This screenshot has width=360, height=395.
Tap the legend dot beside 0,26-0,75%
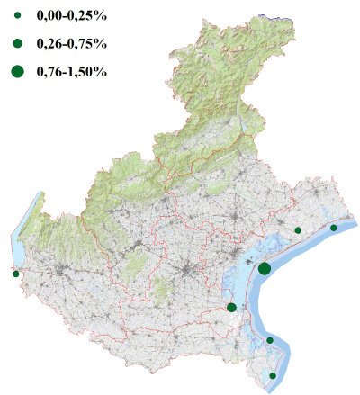tap(18, 43)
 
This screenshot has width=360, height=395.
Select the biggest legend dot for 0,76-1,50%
tap(18, 71)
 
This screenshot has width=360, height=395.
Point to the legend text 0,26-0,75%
tap(71, 43)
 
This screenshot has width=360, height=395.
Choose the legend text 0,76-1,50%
tap(71, 71)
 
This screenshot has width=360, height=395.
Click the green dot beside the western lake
tap(15, 274)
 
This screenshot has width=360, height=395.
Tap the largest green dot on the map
tap(265, 268)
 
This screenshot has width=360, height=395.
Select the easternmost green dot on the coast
tap(334, 228)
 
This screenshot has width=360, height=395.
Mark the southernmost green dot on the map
tap(274, 375)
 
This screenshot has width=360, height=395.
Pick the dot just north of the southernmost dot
tap(270, 340)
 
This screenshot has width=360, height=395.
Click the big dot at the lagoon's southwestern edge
tap(232, 308)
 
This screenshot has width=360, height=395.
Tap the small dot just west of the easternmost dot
tap(298, 230)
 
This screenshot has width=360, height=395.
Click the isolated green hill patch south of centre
tap(163, 290)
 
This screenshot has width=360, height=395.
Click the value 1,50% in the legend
tap(91, 71)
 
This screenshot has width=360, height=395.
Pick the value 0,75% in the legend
tap(91, 43)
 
